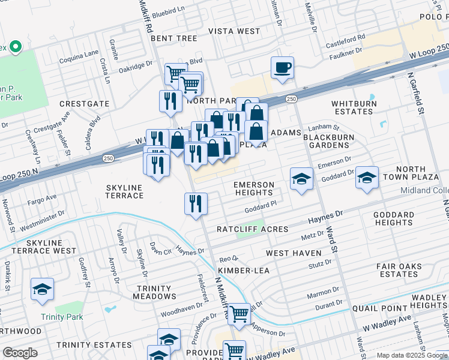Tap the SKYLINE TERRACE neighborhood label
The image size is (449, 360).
coord(124,192)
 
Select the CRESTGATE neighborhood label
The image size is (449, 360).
coord(85,104)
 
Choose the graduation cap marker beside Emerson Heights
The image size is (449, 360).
coord(301,179)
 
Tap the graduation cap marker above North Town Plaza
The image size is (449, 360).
coord(367,178)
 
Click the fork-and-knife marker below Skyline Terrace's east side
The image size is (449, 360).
coord(196,204)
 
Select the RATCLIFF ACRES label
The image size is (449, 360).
coord(252,229)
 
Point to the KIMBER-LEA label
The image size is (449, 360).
coord(243,271)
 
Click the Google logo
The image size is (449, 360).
coord(20,352)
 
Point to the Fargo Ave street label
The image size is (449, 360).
coord(42,197)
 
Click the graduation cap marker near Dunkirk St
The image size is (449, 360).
coord(43,290)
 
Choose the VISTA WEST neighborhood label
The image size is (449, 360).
coord(234,31)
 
